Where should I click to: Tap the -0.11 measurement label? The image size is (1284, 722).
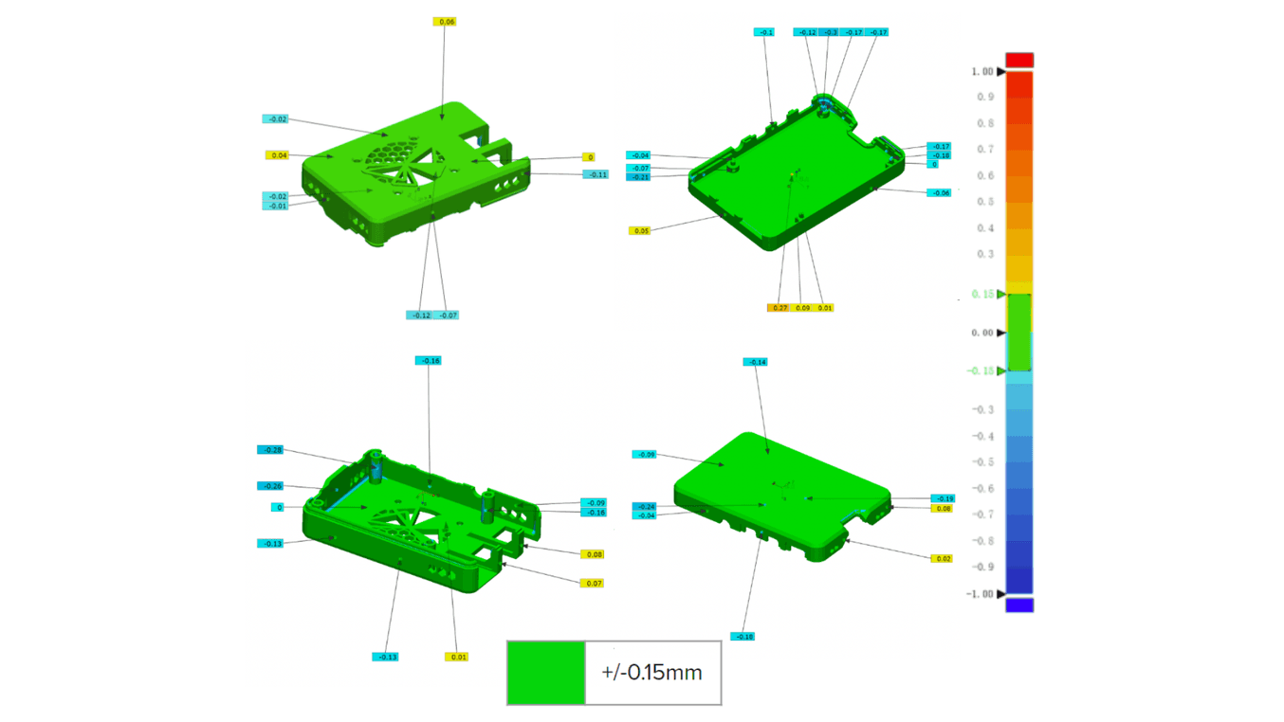(596, 174)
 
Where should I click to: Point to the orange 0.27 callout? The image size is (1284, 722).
(779, 308)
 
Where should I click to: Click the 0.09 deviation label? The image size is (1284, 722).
(802, 308)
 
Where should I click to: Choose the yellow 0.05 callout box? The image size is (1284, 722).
(640, 230)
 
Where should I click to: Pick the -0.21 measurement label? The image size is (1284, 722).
(638, 177)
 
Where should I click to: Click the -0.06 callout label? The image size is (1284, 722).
(938, 192)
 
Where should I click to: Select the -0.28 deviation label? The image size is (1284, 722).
(270, 450)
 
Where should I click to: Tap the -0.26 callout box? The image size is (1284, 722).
(270, 486)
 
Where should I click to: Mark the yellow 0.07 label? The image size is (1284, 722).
(593, 583)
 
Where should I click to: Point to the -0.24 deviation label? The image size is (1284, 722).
(644, 507)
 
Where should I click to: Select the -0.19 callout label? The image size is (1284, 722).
(943, 498)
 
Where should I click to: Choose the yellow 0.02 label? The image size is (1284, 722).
(941, 559)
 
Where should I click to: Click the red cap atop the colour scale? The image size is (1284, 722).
(1019, 61)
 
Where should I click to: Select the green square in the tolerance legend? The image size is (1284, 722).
(545, 673)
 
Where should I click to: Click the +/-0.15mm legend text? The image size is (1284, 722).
(651, 673)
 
